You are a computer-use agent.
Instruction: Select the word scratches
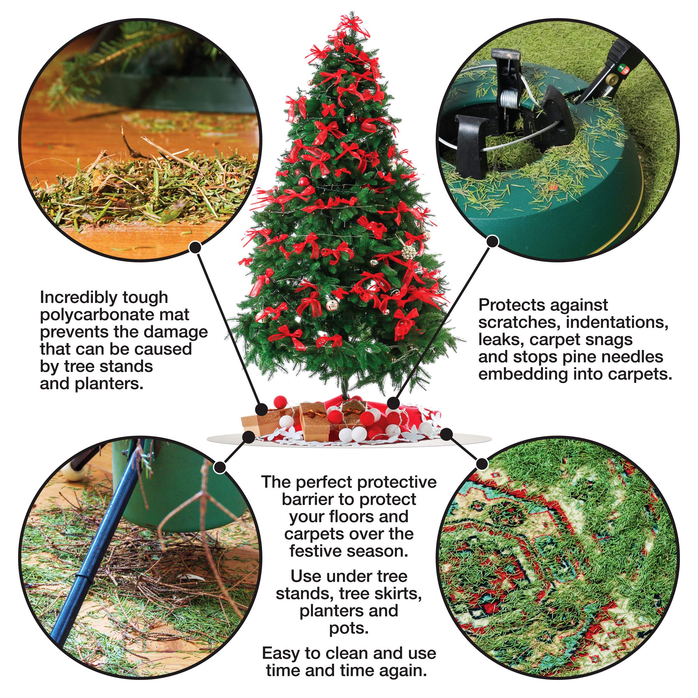click(x=519, y=322)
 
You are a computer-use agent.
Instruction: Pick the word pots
click(x=349, y=628)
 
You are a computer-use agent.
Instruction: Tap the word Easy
click(x=280, y=653)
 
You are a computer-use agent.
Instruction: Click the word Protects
click(x=510, y=305)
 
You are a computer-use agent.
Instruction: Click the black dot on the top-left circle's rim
click(x=195, y=247)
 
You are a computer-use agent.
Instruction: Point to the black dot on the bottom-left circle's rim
click(x=220, y=467)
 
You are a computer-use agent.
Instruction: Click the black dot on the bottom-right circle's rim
click(x=482, y=463)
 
